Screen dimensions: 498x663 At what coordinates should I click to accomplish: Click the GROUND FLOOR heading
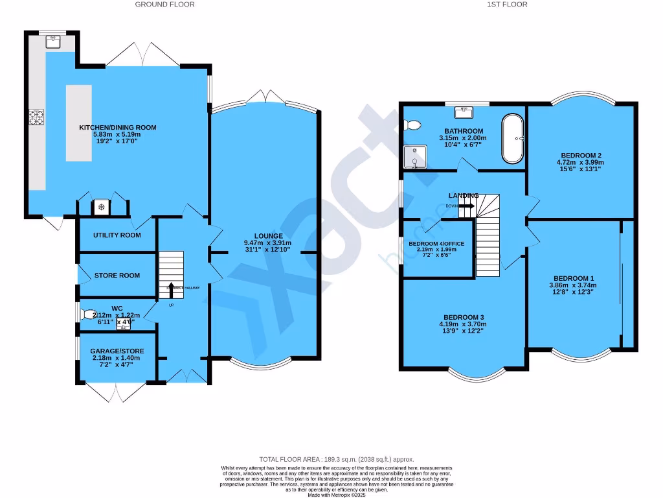click(x=164, y=5)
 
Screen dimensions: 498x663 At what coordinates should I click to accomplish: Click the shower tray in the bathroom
click(x=414, y=156)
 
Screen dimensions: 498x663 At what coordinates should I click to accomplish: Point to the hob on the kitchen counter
click(x=36, y=117)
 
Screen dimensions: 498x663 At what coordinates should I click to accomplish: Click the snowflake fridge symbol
click(x=101, y=207)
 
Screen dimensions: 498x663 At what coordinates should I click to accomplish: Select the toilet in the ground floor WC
click(x=88, y=314)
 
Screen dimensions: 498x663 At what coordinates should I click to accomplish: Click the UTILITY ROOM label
click(x=117, y=235)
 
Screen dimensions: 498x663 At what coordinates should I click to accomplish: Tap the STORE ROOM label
click(x=117, y=276)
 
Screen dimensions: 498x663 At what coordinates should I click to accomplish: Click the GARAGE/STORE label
click(x=117, y=351)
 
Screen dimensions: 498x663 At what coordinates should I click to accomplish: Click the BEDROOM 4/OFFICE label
click(x=436, y=244)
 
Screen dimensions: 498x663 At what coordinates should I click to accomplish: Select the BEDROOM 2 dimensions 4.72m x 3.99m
click(x=581, y=163)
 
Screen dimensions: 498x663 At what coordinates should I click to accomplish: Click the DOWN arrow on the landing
click(x=465, y=206)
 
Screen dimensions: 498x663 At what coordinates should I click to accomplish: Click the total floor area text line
click(x=336, y=459)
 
